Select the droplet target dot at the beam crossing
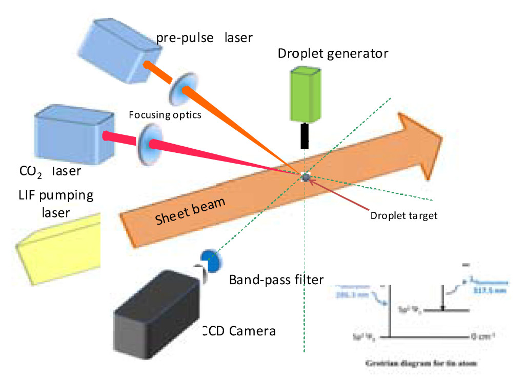click(x=306, y=177)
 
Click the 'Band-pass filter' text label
click(x=276, y=280)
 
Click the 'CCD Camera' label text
click(x=239, y=331)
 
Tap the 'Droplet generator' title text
click(x=333, y=53)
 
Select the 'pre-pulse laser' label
click(x=205, y=37)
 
